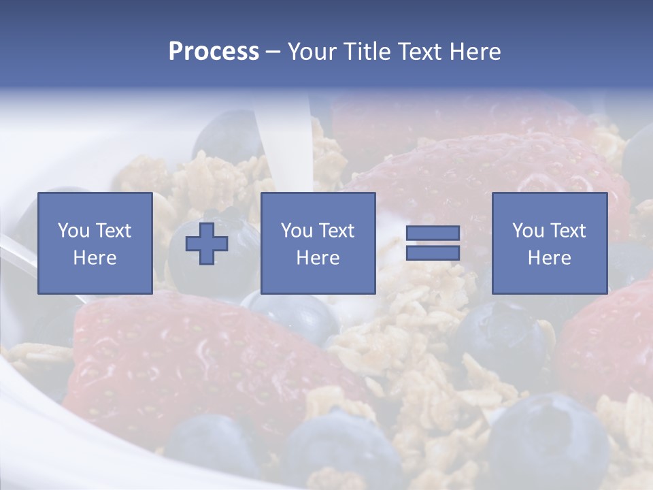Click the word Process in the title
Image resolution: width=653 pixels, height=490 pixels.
coord(214,52)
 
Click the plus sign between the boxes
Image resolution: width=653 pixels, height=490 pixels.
coord(207,244)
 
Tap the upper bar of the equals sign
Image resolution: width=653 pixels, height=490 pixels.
coord(433,233)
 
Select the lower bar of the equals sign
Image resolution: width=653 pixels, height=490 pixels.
coord(433,253)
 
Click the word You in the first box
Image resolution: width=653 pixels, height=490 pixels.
coord(73,231)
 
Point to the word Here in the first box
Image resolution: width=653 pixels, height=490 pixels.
coord(95,258)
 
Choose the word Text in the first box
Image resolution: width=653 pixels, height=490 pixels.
coord(113,231)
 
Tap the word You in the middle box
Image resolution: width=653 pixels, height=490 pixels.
coord(297,231)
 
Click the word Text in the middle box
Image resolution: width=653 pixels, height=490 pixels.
coord(336,231)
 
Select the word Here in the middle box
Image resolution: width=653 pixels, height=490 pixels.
coord(318,258)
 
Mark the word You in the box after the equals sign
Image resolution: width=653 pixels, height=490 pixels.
coord(528,231)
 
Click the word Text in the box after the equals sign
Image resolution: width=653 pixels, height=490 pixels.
coord(567,231)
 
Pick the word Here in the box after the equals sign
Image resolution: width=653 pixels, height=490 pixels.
coord(549,258)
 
